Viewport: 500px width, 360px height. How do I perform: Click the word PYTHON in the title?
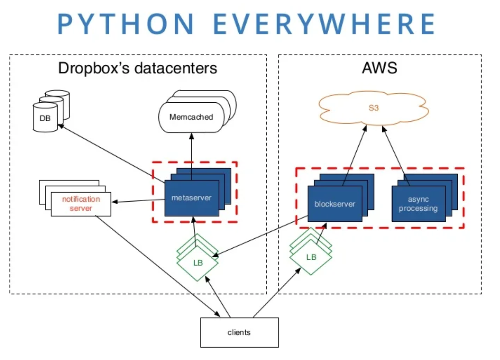(125, 24)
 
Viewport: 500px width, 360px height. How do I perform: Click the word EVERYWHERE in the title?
(324, 24)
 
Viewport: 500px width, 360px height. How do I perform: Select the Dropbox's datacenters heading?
(137, 68)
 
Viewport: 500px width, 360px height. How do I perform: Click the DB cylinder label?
(45, 117)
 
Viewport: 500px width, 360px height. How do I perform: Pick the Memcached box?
(191, 117)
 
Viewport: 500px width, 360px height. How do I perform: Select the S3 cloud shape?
(373, 108)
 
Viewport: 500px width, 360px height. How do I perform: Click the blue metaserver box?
(191, 198)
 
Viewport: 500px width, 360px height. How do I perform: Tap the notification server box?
(81, 204)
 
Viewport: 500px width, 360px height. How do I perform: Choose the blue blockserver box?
(334, 204)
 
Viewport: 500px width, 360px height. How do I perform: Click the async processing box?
(418, 204)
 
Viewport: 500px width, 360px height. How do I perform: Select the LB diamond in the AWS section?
(311, 258)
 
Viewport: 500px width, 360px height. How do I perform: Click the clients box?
(239, 332)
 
